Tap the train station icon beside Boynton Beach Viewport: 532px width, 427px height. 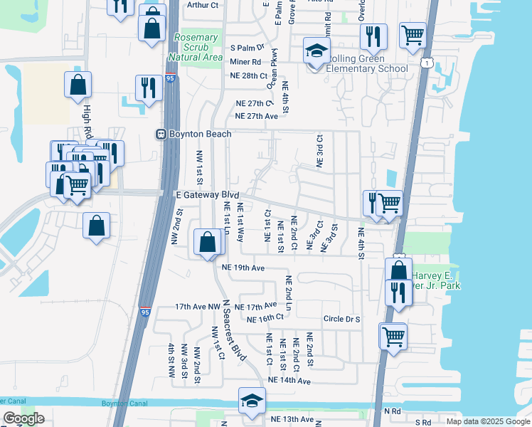[161, 134]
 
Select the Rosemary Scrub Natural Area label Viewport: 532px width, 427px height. [196, 47]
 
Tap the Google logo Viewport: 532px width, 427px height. [24, 418]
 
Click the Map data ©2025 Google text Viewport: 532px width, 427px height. [488, 421]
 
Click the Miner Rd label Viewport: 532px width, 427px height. [245, 62]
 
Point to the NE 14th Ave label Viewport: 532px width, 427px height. [290, 381]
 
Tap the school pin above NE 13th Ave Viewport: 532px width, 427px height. [252, 402]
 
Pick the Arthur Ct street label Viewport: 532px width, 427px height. [203, 4]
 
